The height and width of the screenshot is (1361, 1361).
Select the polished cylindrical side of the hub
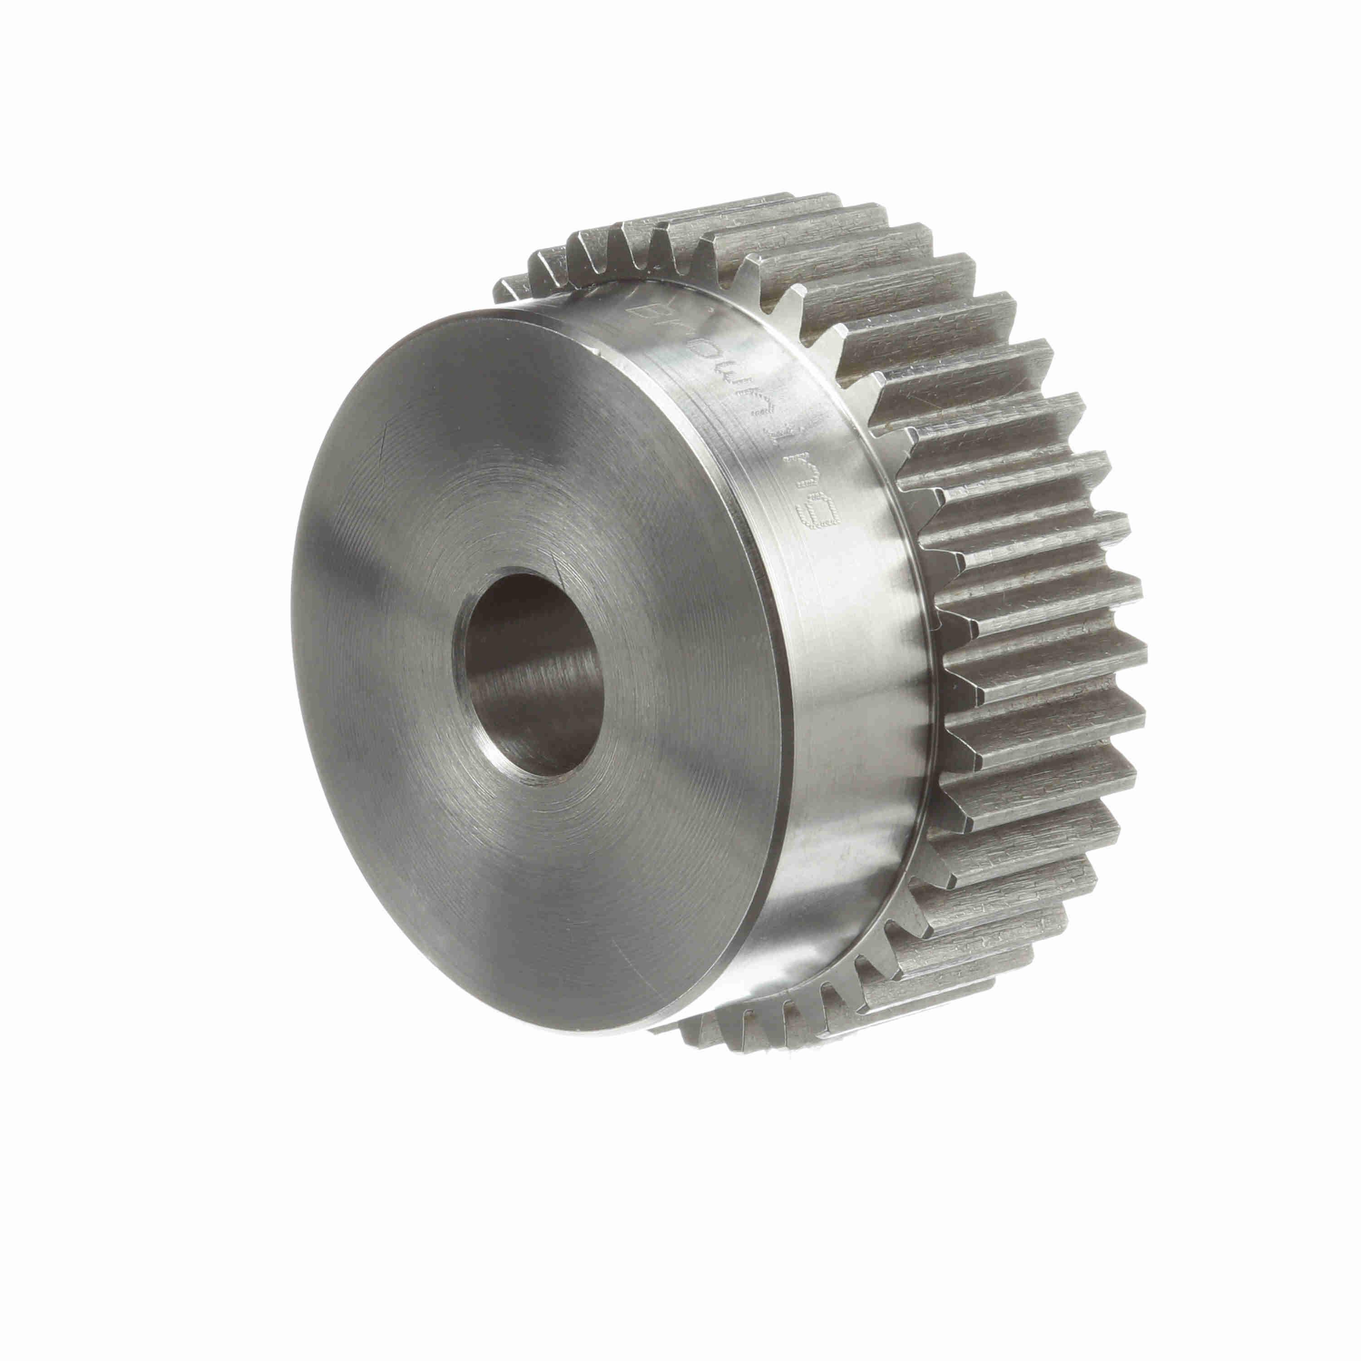click(x=845, y=705)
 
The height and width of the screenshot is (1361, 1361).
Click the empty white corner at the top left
click(x=106, y=106)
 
